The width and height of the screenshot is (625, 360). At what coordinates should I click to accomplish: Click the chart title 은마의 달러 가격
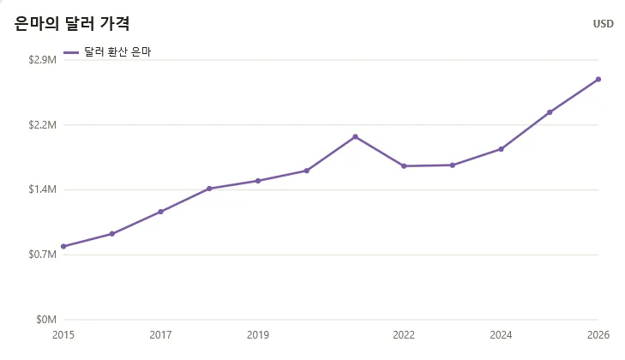pyautogui.click(x=72, y=23)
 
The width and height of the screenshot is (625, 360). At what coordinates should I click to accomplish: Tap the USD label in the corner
pyautogui.click(x=603, y=24)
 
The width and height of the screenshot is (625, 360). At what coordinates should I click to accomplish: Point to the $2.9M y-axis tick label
pyautogui.click(x=42, y=60)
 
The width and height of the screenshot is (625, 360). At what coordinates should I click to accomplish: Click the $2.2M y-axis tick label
pyautogui.click(x=42, y=125)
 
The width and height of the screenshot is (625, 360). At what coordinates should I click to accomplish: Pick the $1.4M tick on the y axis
pyautogui.click(x=42, y=189)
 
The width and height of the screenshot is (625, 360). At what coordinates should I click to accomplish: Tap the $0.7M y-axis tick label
pyautogui.click(x=42, y=255)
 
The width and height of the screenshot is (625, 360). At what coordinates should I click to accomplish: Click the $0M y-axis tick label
pyautogui.click(x=46, y=320)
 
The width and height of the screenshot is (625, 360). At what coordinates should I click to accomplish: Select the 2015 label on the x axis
pyautogui.click(x=63, y=335)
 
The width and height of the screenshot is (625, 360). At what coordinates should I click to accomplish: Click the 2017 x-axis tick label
pyautogui.click(x=160, y=335)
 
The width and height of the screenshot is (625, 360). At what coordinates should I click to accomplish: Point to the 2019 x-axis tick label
pyautogui.click(x=258, y=335)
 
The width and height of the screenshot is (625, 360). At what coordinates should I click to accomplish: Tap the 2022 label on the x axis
pyautogui.click(x=404, y=335)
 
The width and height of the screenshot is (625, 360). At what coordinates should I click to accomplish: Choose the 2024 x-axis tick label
pyautogui.click(x=501, y=335)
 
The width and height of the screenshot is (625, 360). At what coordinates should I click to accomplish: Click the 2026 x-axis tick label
pyautogui.click(x=598, y=335)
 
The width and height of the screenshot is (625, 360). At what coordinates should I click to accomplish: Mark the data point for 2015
pyautogui.click(x=63, y=246)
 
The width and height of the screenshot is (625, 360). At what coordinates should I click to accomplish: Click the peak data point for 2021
pyautogui.click(x=355, y=137)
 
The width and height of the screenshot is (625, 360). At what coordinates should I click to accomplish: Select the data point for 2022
pyautogui.click(x=404, y=165)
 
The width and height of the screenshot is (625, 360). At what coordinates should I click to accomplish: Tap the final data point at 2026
pyautogui.click(x=598, y=80)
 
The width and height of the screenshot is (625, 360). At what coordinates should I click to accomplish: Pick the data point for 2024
pyautogui.click(x=501, y=149)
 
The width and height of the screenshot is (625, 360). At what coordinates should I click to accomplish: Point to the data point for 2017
pyautogui.click(x=160, y=212)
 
